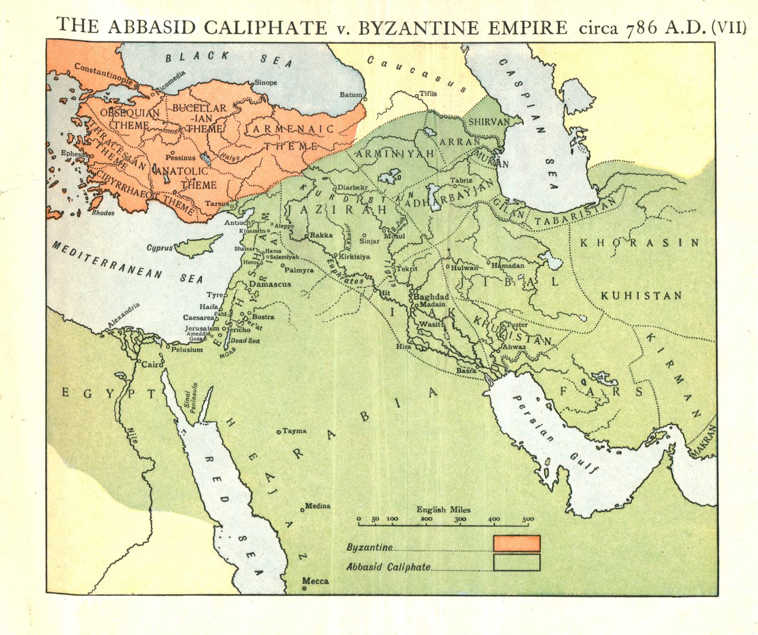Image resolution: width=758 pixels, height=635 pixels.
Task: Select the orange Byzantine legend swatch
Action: click(x=516, y=544)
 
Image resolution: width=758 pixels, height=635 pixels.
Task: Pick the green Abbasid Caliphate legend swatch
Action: click(x=516, y=563)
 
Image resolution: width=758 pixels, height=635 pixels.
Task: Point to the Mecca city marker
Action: click(x=305, y=589)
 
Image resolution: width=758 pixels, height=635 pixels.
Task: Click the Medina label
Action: click(x=318, y=506)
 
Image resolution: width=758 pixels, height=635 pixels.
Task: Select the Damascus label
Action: click(x=270, y=284)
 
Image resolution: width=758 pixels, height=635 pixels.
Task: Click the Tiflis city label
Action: click(x=428, y=94)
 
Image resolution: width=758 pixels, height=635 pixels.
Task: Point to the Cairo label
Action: click(x=149, y=364)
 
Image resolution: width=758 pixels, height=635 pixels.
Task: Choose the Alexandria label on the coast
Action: click(x=124, y=317)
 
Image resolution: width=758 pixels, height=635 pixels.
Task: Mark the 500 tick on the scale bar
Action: click(x=528, y=519)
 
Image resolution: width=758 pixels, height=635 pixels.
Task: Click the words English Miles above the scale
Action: click(x=443, y=509)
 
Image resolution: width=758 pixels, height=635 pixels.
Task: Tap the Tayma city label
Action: click(x=294, y=431)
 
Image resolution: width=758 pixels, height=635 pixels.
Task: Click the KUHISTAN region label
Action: click(x=641, y=296)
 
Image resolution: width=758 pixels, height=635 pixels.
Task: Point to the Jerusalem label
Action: click(x=202, y=328)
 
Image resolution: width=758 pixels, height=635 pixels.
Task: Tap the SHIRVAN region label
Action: click(x=488, y=121)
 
